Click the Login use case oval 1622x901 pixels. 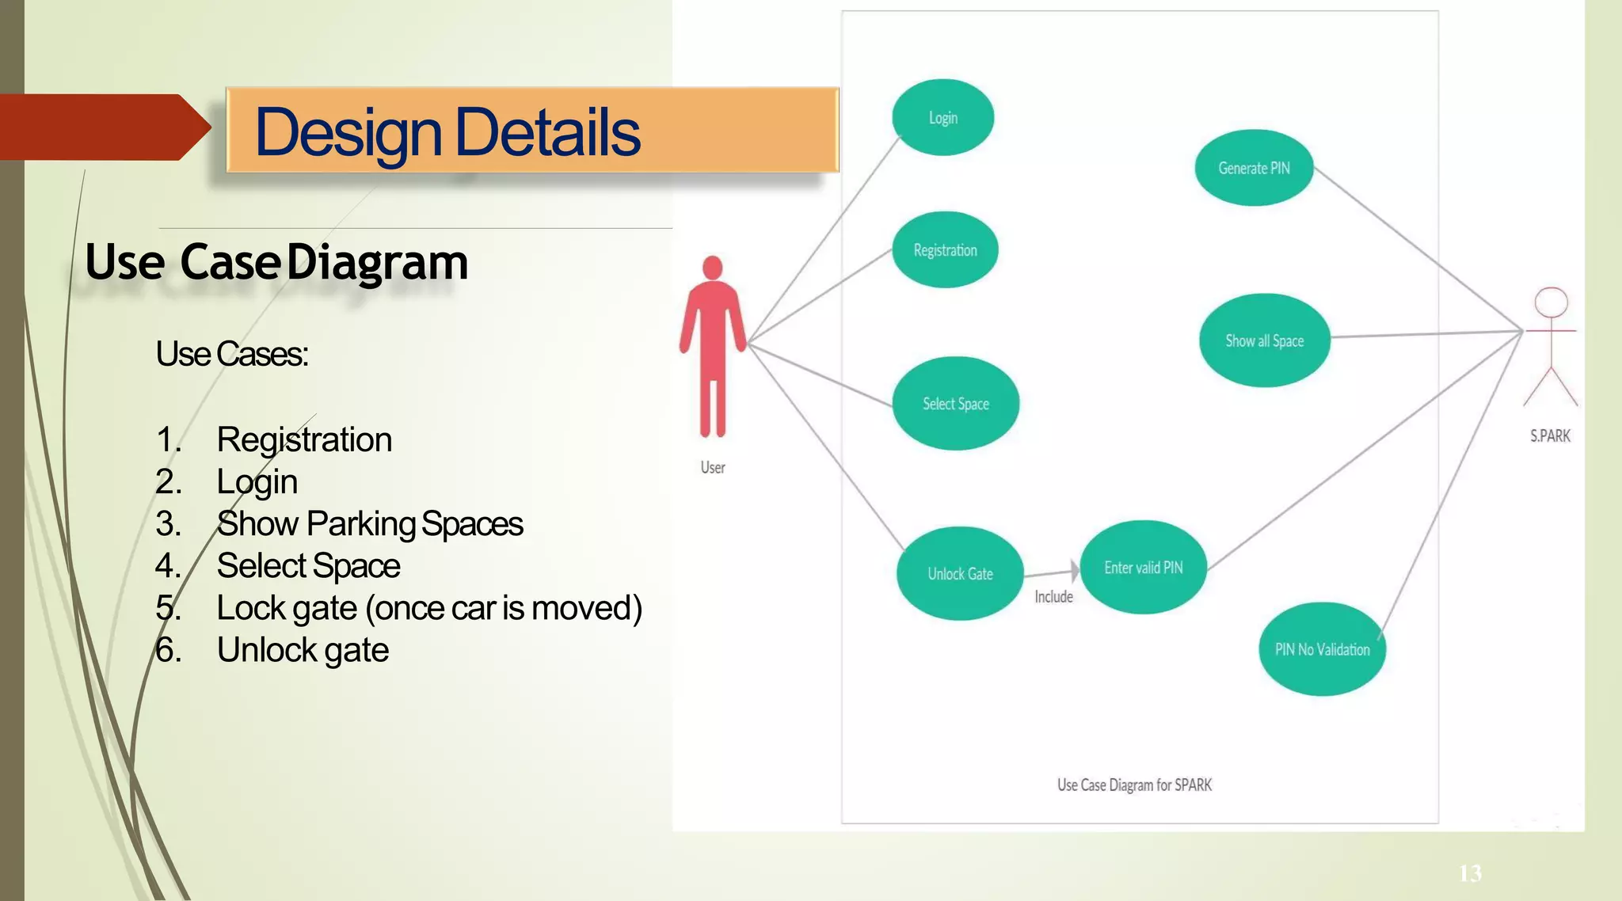coord(942,117)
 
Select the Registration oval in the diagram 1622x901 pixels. coord(945,250)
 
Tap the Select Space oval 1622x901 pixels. coord(955,404)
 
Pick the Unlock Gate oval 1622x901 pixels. coord(960,574)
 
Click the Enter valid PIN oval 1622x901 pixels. coord(1143,568)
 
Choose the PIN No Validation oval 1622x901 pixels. coord(1322,649)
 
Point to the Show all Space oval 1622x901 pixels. coord(1264,340)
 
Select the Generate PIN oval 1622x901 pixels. coord(1254,168)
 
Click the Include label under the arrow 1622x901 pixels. coord(1053,597)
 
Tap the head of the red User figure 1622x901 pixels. coord(713,268)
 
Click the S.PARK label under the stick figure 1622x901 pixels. coord(1550,436)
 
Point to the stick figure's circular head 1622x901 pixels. coord(1551,302)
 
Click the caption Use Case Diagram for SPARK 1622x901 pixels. coord(1134,785)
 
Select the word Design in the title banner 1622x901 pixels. coord(348,133)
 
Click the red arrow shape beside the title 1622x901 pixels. coord(103,127)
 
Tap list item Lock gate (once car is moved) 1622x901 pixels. coord(428,608)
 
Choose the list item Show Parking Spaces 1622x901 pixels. coord(369,524)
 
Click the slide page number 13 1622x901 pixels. coord(1470,873)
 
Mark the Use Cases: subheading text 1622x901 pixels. coord(232,354)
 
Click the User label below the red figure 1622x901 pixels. coord(713,468)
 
